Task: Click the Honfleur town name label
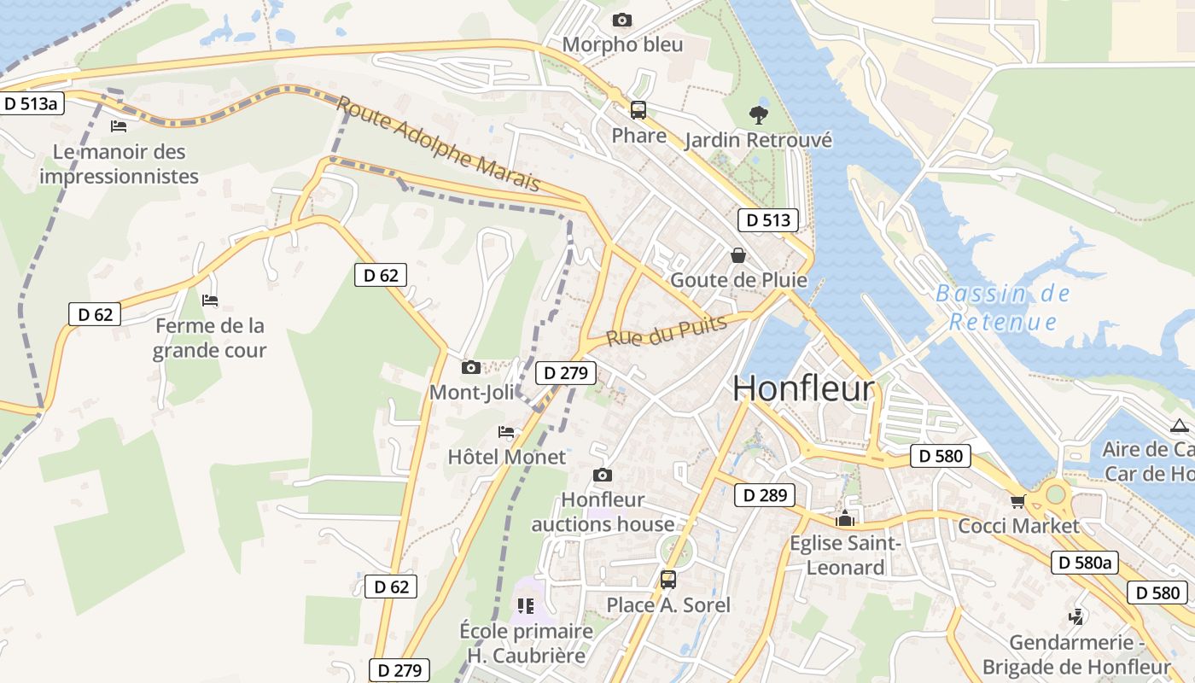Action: [x=803, y=388]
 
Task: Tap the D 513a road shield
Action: [x=31, y=104]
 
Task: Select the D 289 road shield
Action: [x=765, y=495]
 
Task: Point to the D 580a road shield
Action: [x=1084, y=563]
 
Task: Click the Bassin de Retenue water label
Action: [x=1003, y=307]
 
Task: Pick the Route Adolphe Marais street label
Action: [x=439, y=143]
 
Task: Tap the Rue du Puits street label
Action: [x=667, y=330]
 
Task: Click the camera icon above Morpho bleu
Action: [x=622, y=20]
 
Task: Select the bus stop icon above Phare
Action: [x=638, y=110]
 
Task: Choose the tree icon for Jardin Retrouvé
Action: [x=758, y=114]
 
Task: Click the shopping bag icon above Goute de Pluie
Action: [x=738, y=255]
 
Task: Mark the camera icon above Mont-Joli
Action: [x=470, y=368]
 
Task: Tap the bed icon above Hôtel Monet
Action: [x=506, y=432]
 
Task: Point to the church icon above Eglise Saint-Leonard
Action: [x=845, y=518]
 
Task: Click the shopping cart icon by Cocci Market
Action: [x=1017, y=501]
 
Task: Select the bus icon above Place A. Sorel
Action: [x=667, y=580]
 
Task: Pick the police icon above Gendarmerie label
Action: [x=1076, y=616]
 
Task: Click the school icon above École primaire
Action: [x=526, y=606]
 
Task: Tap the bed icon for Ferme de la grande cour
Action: [x=209, y=301]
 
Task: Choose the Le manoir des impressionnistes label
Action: [x=119, y=164]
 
